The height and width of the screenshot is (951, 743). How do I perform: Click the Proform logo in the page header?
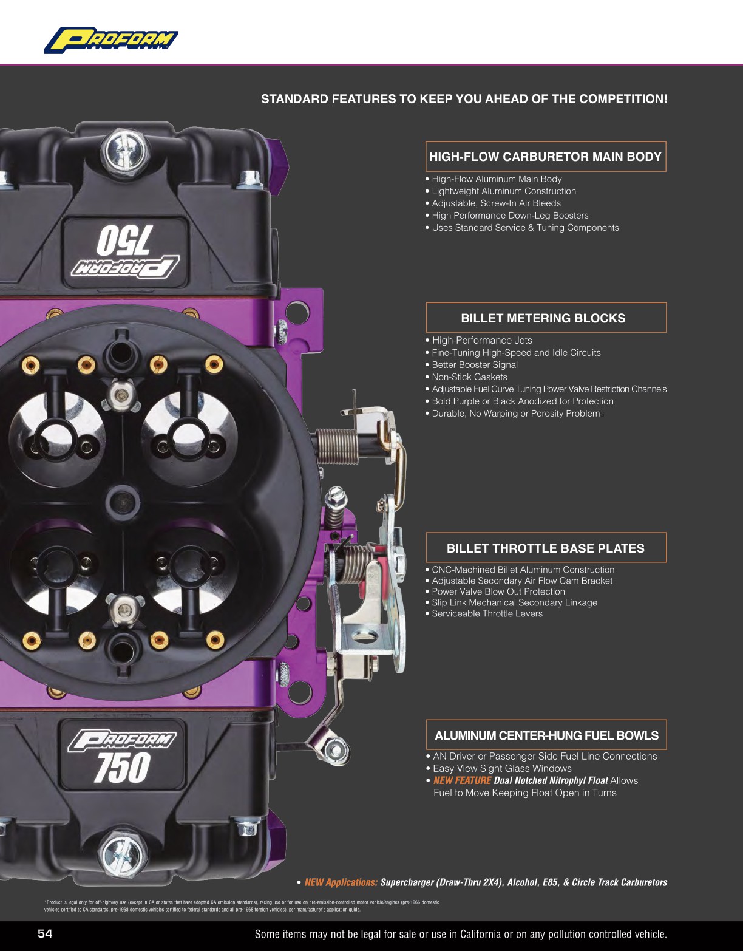(111, 40)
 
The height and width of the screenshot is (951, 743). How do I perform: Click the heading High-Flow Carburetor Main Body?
(545, 157)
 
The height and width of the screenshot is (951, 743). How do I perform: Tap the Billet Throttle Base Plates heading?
(545, 548)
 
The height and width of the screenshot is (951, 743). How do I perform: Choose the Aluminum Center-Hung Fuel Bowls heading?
(546, 735)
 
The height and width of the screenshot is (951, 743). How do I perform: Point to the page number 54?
(45, 934)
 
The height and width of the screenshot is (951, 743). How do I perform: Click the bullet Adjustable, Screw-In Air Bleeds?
(496, 203)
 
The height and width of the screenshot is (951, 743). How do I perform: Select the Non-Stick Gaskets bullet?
(469, 377)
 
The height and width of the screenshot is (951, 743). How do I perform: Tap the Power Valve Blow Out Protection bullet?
(498, 591)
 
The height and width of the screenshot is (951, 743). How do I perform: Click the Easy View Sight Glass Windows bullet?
(502, 768)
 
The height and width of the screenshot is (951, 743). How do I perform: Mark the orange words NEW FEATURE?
(462, 780)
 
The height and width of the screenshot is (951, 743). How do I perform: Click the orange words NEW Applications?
(341, 882)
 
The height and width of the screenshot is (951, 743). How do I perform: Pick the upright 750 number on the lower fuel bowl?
(121, 767)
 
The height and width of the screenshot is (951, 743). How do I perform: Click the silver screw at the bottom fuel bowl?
(123, 855)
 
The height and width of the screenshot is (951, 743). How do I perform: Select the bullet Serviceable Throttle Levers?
(487, 613)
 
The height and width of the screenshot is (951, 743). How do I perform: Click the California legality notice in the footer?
(460, 934)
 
